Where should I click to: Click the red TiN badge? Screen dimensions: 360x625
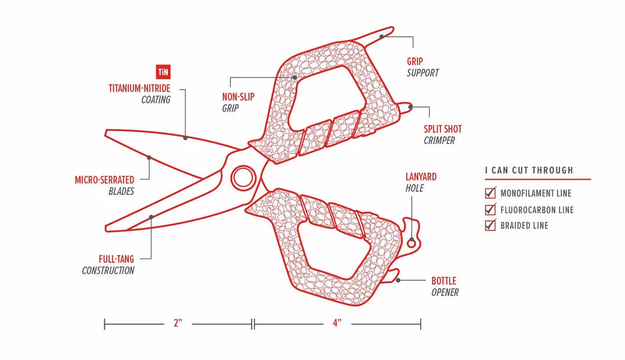coord(164,72)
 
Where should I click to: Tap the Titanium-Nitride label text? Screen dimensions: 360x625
coord(139,89)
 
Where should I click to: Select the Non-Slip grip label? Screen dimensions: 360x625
coord(238,97)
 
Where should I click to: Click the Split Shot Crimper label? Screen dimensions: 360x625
coord(442,129)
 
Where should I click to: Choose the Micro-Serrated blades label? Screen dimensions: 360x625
coord(104,180)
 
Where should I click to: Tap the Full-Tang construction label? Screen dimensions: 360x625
coord(116,259)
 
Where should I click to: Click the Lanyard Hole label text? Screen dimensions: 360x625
coord(421,177)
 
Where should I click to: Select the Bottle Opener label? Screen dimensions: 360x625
coord(444,281)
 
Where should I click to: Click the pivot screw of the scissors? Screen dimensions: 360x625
coord(242,177)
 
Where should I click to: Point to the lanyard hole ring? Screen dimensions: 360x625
coord(411,244)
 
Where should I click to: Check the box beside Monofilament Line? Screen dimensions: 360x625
coord(490,193)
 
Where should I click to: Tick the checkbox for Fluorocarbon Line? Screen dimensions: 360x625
coord(490,209)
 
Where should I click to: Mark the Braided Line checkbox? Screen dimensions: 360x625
coord(490,225)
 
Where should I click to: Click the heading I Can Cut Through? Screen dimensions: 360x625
coord(529,170)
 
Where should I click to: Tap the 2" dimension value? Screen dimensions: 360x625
coord(178,324)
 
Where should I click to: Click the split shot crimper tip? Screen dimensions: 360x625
coord(407,106)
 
